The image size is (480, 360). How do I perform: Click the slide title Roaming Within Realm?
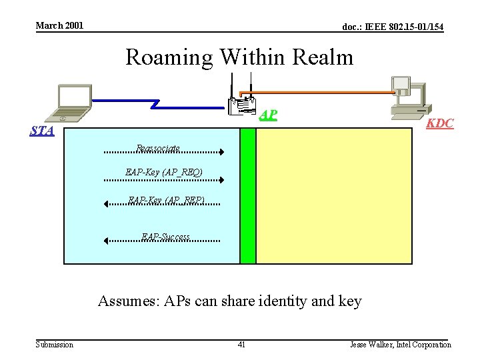click(239, 57)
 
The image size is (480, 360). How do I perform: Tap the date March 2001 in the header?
click(59, 25)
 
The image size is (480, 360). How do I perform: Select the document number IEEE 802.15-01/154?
click(393, 27)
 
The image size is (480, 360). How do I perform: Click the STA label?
click(42, 131)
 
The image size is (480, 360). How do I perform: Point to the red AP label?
click(268, 115)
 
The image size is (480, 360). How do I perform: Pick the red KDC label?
click(440, 123)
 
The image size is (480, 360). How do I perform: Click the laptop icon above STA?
click(73, 103)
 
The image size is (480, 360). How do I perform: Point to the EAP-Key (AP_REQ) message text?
click(164, 173)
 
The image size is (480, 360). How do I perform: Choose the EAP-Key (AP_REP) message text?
click(166, 199)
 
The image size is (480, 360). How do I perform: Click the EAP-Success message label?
click(166, 237)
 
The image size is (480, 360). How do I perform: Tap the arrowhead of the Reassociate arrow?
click(221, 153)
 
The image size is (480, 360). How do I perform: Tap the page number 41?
click(241, 345)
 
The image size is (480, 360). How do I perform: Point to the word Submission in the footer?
click(55, 345)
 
